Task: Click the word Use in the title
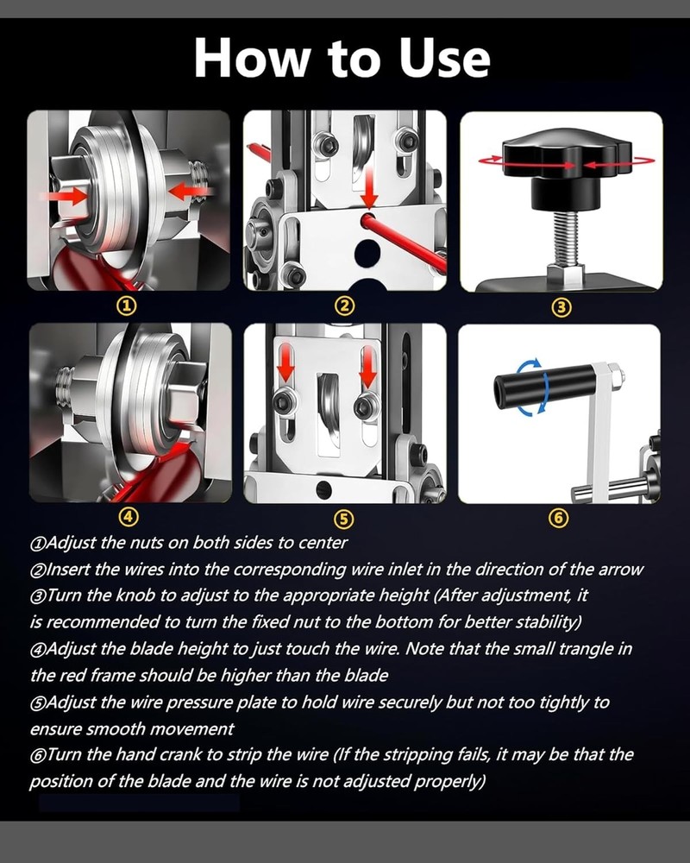click(444, 58)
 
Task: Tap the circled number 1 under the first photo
click(127, 306)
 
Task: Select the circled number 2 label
click(344, 306)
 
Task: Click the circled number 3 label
click(561, 307)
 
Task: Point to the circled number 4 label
click(129, 516)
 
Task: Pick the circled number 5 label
click(344, 519)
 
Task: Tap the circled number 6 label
click(559, 518)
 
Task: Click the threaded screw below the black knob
click(567, 239)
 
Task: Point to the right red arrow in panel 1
click(188, 192)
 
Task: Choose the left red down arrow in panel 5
click(285, 364)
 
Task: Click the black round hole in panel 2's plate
click(367, 253)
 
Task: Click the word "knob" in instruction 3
click(132, 595)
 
